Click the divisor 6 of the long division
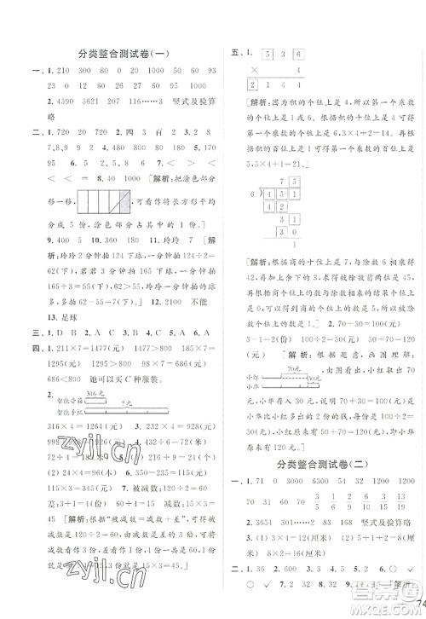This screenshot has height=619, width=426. pos(247,194)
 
